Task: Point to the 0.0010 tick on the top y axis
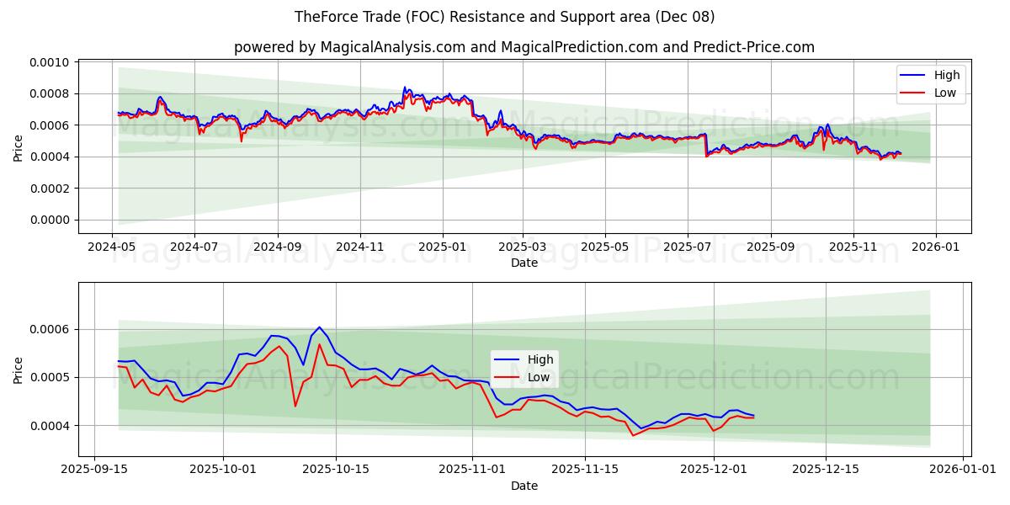52,62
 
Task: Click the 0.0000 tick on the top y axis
52,220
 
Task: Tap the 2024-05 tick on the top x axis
113,247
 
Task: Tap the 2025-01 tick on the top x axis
443,247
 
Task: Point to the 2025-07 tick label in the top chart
688,247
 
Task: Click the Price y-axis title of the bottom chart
19,369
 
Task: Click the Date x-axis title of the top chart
524,263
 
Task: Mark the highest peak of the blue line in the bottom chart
319,327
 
